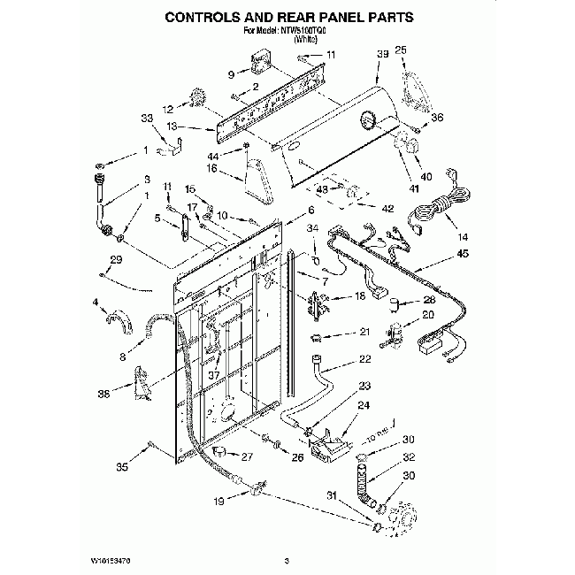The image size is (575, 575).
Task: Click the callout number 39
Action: [383, 55]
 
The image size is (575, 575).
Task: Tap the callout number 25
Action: [401, 50]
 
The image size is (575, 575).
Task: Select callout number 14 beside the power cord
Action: [464, 237]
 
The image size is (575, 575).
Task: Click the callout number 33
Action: [147, 118]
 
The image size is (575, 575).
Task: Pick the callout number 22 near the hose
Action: [364, 359]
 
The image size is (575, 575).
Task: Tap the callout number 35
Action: [122, 468]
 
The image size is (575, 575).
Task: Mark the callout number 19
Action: [218, 502]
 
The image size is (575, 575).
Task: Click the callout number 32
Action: [409, 457]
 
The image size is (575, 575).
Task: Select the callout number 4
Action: [95, 303]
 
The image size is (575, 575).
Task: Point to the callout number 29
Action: [115, 259]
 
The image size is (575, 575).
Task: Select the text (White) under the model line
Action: [290, 40]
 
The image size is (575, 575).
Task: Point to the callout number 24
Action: [363, 406]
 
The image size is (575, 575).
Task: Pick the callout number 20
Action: [427, 315]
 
